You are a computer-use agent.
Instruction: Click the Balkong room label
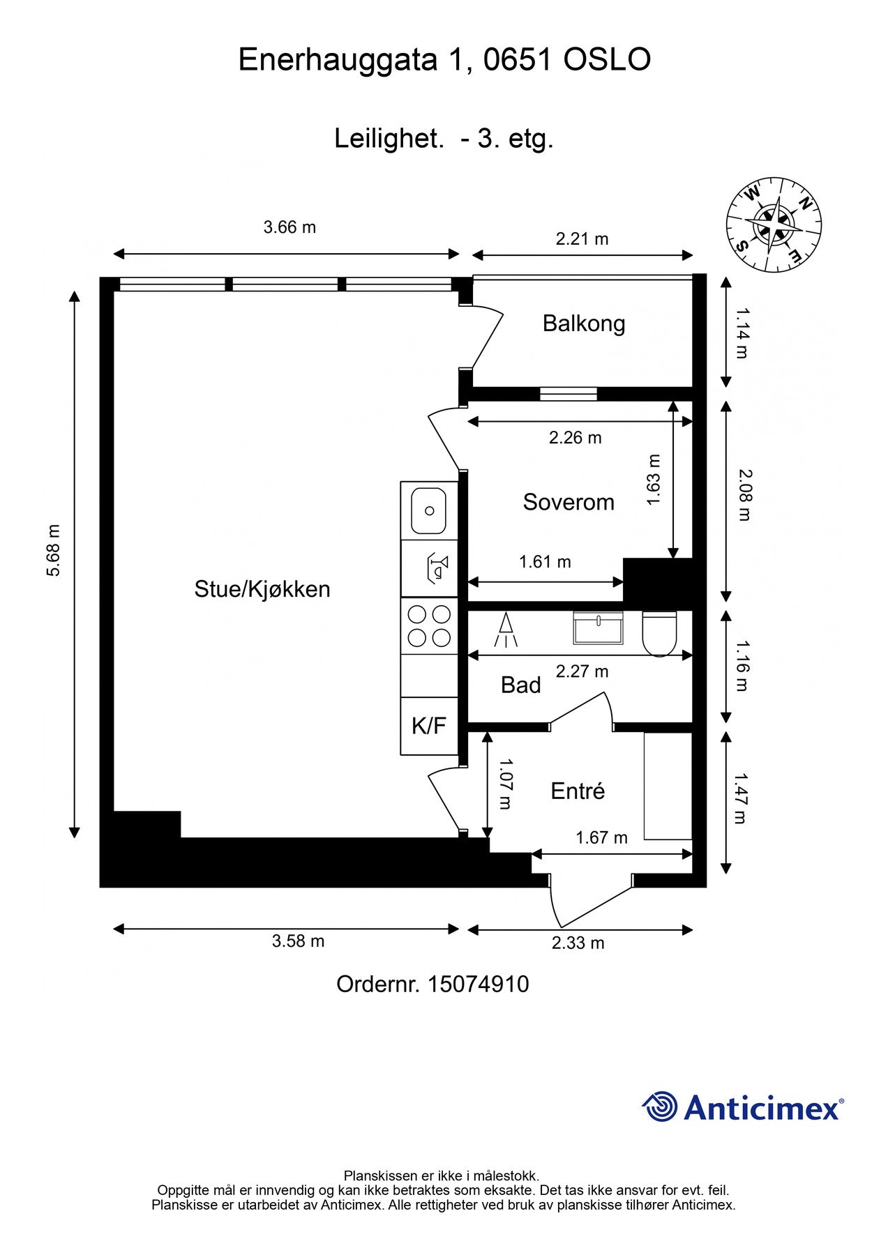pyautogui.click(x=584, y=324)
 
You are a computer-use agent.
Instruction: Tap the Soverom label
pyautogui.click(x=569, y=502)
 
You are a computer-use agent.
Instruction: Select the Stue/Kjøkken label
pyautogui.click(x=262, y=589)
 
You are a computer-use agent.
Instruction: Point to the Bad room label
pyautogui.click(x=521, y=685)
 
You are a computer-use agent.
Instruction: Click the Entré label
pyautogui.click(x=578, y=791)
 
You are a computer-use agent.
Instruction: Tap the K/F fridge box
pyautogui.click(x=429, y=726)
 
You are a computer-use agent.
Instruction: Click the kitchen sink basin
pyautogui.click(x=429, y=511)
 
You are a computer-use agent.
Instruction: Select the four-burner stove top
pyautogui.click(x=429, y=625)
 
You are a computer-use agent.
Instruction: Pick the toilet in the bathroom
pyautogui.click(x=659, y=634)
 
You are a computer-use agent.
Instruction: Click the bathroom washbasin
pyautogui.click(x=598, y=627)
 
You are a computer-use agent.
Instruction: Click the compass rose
pyautogui.click(x=774, y=225)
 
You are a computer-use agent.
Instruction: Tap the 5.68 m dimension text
pyautogui.click(x=53, y=550)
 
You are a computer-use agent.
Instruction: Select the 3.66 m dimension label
pyautogui.click(x=289, y=227)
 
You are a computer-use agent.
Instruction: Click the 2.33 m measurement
pyautogui.click(x=578, y=943)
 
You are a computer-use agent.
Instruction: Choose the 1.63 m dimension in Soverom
pyautogui.click(x=653, y=480)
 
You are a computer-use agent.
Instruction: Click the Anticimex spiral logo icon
pyautogui.click(x=660, y=1107)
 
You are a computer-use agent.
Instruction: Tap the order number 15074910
pyautogui.click(x=478, y=984)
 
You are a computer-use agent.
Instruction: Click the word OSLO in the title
pyautogui.click(x=607, y=60)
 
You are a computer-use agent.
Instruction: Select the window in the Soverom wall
pyautogui.click(x=569, y=394)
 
